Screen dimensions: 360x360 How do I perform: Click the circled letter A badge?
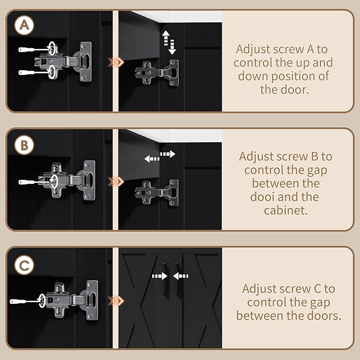click(24, 25)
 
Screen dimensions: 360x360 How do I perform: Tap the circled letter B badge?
click(24, 145)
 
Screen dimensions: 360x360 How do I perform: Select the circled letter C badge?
click(24, 265)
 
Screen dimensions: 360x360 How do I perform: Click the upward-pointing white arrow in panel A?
click(166, 38)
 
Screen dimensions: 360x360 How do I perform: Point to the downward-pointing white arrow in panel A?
click(172, 47)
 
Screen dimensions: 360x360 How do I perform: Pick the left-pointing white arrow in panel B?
click(152, 159)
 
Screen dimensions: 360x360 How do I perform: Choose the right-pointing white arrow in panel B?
click(168, 154)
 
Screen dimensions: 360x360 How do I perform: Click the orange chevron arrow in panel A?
click(116, 62)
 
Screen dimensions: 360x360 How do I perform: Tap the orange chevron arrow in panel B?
click(116, 181)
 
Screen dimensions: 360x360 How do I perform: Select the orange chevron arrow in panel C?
click(116, 301)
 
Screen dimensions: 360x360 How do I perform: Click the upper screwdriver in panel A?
click(34, 49)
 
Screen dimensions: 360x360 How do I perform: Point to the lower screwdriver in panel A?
click(34, 73)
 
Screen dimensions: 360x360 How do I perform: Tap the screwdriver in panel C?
click(25, 301)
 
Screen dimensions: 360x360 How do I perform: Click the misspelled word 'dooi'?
click(262, 197)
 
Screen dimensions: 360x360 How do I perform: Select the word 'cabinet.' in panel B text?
click(286, 210)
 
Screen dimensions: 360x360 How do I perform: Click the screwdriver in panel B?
click(34, 182)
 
